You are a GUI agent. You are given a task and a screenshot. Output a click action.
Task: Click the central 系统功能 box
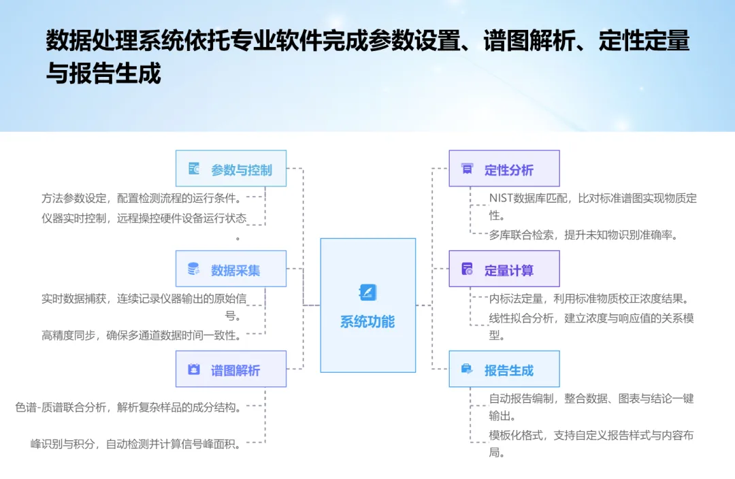[x=367, y=305]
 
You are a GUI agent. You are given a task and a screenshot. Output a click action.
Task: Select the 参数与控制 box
[x=231, y=169]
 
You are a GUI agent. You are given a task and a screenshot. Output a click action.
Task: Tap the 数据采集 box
[x=231, y=269]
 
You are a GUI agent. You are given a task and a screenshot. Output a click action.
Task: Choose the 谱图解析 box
[x=231, y=369]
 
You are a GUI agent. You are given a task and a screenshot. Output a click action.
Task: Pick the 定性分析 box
[x=504, y=169]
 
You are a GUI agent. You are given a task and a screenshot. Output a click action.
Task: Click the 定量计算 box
[x=504, y=269]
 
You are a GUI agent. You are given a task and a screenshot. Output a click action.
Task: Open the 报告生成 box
[x=504, y=369]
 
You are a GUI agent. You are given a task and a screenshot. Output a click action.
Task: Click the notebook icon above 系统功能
[x=367, y=293]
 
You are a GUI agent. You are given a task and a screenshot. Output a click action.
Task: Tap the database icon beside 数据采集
[x=194, y=269]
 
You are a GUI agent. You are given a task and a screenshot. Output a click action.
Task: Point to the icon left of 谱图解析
[x=194, y=369]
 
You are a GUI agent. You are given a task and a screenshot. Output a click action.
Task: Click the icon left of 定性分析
[x=467, y=169]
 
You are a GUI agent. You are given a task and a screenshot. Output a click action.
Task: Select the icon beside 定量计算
[x=467, y=269]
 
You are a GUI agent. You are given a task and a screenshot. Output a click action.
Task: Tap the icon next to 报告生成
[x=467, y=369]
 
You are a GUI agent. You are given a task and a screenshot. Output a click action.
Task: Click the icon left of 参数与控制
[x=194, y=169]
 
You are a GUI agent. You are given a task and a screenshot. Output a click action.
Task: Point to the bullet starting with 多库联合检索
[x=583, y=235]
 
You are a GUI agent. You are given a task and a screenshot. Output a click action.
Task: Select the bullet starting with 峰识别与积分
[x=135, y=444]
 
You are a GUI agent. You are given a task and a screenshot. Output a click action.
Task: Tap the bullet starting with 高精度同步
[x=141, y=335]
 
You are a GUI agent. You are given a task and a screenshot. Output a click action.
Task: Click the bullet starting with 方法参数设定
[x=141, y=198]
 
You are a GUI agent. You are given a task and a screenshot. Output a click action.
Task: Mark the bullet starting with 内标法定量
[x=591, y=298]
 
